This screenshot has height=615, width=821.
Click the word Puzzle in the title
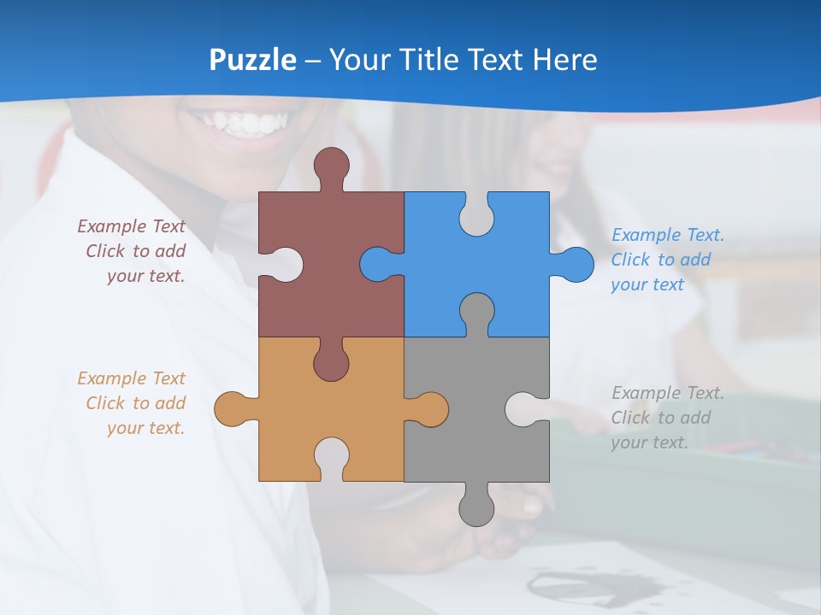click(253, 60)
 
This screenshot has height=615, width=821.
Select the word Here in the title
click(564, 60)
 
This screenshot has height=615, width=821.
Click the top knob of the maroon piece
click(331, 164)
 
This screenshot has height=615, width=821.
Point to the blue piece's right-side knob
click(576, 264)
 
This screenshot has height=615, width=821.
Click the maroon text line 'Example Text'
click(132, 226)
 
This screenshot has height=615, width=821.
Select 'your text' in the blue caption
click(647, 285)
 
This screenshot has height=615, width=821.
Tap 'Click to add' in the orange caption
click(136, 403)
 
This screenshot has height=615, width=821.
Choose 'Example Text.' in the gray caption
click(668, 393)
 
